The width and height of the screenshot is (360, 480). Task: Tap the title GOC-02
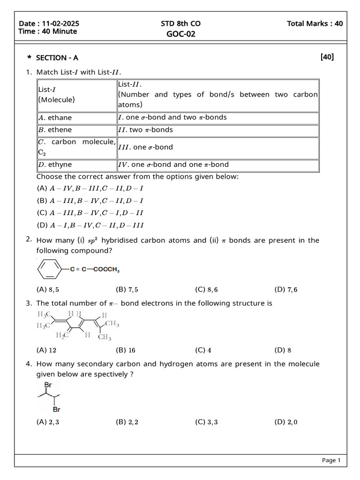click(180, 34)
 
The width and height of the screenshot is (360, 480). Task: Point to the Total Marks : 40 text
click(315, 24)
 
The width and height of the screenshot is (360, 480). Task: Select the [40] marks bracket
click(327, 57)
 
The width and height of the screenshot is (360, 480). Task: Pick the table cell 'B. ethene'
click(55, 130)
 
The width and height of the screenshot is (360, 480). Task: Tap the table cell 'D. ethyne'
click(55, 165)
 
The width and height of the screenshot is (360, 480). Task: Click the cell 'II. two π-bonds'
click(145, 130)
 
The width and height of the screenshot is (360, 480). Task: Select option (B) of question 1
click(90, 201)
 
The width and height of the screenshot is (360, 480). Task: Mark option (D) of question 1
click(90, 225)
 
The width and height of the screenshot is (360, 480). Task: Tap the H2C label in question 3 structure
click(62, 335)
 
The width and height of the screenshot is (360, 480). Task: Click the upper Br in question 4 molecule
click(47, 384)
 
